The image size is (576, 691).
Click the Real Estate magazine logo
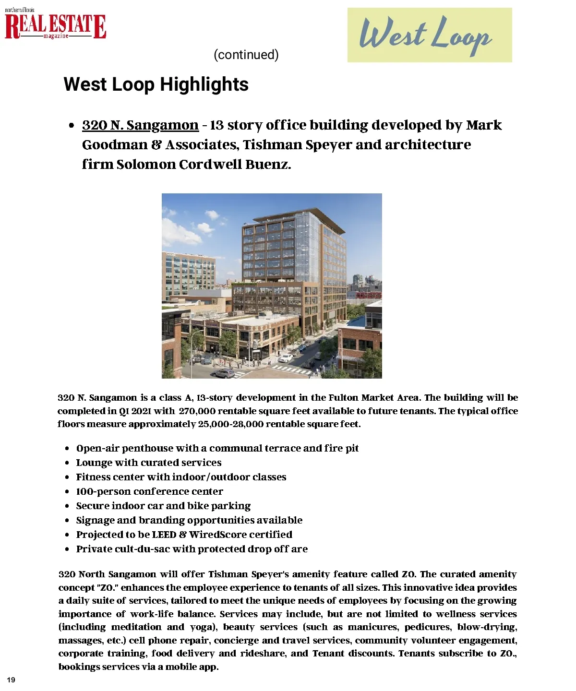tap(55, 25)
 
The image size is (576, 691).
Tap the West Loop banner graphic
tap(429, 35)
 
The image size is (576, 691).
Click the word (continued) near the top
tap(246, 55)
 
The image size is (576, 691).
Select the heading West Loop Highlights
tap(156, 84)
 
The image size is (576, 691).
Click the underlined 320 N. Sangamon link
tap(140, 125)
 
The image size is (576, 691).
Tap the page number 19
tap(11, 680)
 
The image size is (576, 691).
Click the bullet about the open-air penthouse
tap(217, 448)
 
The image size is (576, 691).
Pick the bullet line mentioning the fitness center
tap(181, 477)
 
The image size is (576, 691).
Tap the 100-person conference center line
tap(149, 491)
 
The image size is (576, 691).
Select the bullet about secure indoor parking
tap(163, 506)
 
